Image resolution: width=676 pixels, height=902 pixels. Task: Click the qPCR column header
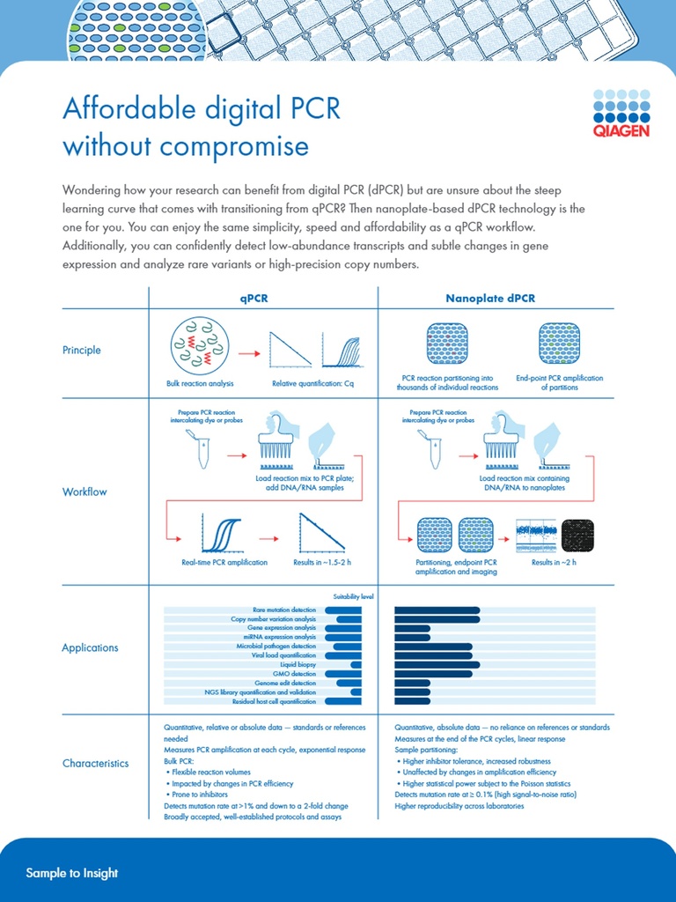(x=253, y=299)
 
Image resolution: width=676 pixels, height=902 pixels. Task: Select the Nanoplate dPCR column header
(x=490, y=299)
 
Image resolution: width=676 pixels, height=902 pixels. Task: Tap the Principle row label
(x=81, y=350)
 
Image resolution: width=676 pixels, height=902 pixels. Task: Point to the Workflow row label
(x=84, y=492)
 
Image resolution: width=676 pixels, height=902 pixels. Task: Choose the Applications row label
(x=90, y=647)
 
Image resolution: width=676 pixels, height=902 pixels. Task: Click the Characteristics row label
(x=95, y=763)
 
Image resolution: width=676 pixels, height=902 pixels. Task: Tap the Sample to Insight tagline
(x=72, y=873)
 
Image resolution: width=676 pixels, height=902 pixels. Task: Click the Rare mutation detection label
(x=284, y=610)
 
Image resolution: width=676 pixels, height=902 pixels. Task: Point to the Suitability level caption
(x=353, y=596)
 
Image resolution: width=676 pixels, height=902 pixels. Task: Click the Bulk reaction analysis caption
(x=199, y=383)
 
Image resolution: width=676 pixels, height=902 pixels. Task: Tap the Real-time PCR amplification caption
(x=224, y=562)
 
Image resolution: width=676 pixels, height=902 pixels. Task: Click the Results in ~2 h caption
(x=554, y=562)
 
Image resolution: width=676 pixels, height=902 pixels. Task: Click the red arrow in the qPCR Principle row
(x=249, y=353)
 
